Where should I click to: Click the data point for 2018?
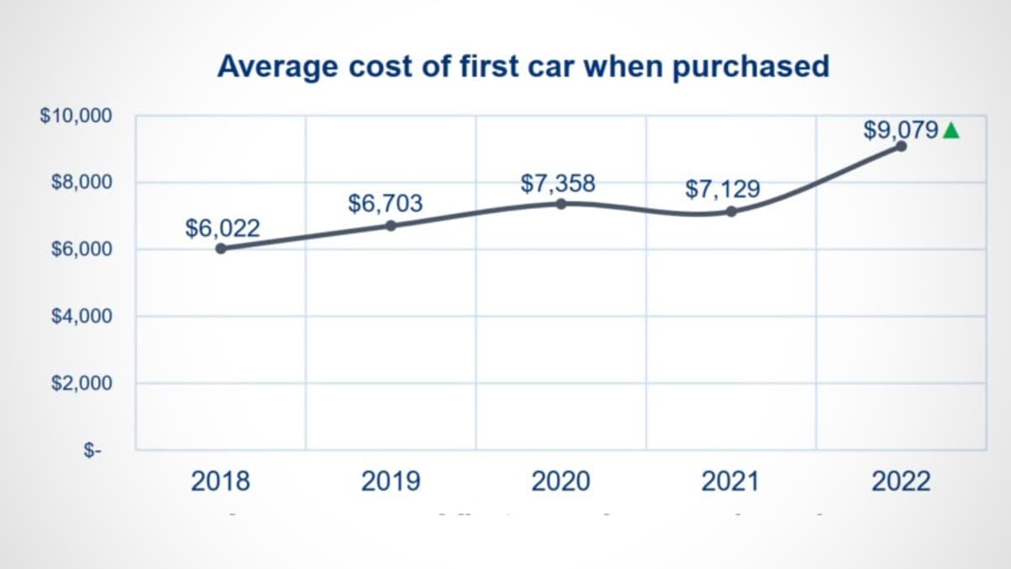pyautogui.click(x=221, y=249)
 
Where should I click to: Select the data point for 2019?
pyautogui.click(x=391, y=225)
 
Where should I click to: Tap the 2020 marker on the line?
pyautogui.click(x=561, y=203)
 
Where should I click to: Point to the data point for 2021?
pyautogui.click(x=730, y=212)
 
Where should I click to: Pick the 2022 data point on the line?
pyautogui.click(x=901, y=146)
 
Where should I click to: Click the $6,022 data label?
pyautogui.click(x=222, y=228)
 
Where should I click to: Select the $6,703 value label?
pyautogui.click(x=385, y=203)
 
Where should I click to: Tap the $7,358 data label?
pyautogui.click(x=558, y=182)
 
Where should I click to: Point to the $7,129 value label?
pyautogui.click(x=723, y=190)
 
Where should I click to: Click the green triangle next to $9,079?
pyautogui.click(x=951, y=131)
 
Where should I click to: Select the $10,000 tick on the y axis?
pyautogui.click(x=76, y=115)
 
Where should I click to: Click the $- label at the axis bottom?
pyautogui.click(x=92, y=451)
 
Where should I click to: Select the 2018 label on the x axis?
pyautogui.click(x=221, y=482)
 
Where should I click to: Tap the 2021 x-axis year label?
pyautogui.click(x=730, y=482)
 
